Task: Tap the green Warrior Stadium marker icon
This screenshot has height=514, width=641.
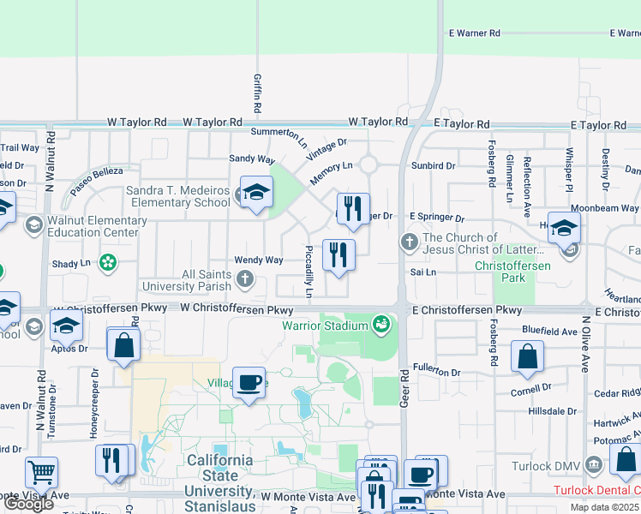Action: point(380,324)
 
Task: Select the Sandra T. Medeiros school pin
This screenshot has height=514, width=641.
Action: point(255,194)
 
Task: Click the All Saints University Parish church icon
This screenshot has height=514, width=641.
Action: point(245,278)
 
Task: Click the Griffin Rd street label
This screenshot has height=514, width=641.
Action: point(257,93)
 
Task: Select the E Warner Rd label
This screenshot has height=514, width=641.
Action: point(474,33)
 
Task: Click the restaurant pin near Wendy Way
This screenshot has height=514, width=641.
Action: point(338,254)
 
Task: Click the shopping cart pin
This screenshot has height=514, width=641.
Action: point(41,472)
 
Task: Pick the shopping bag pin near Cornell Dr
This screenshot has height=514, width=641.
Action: point(527,356)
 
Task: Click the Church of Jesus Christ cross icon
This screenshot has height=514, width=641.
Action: point(409,242)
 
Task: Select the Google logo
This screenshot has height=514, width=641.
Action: point(28,504)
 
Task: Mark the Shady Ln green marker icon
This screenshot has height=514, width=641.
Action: point(108,261)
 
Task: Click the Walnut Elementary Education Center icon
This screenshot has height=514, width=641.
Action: point(34,225)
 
